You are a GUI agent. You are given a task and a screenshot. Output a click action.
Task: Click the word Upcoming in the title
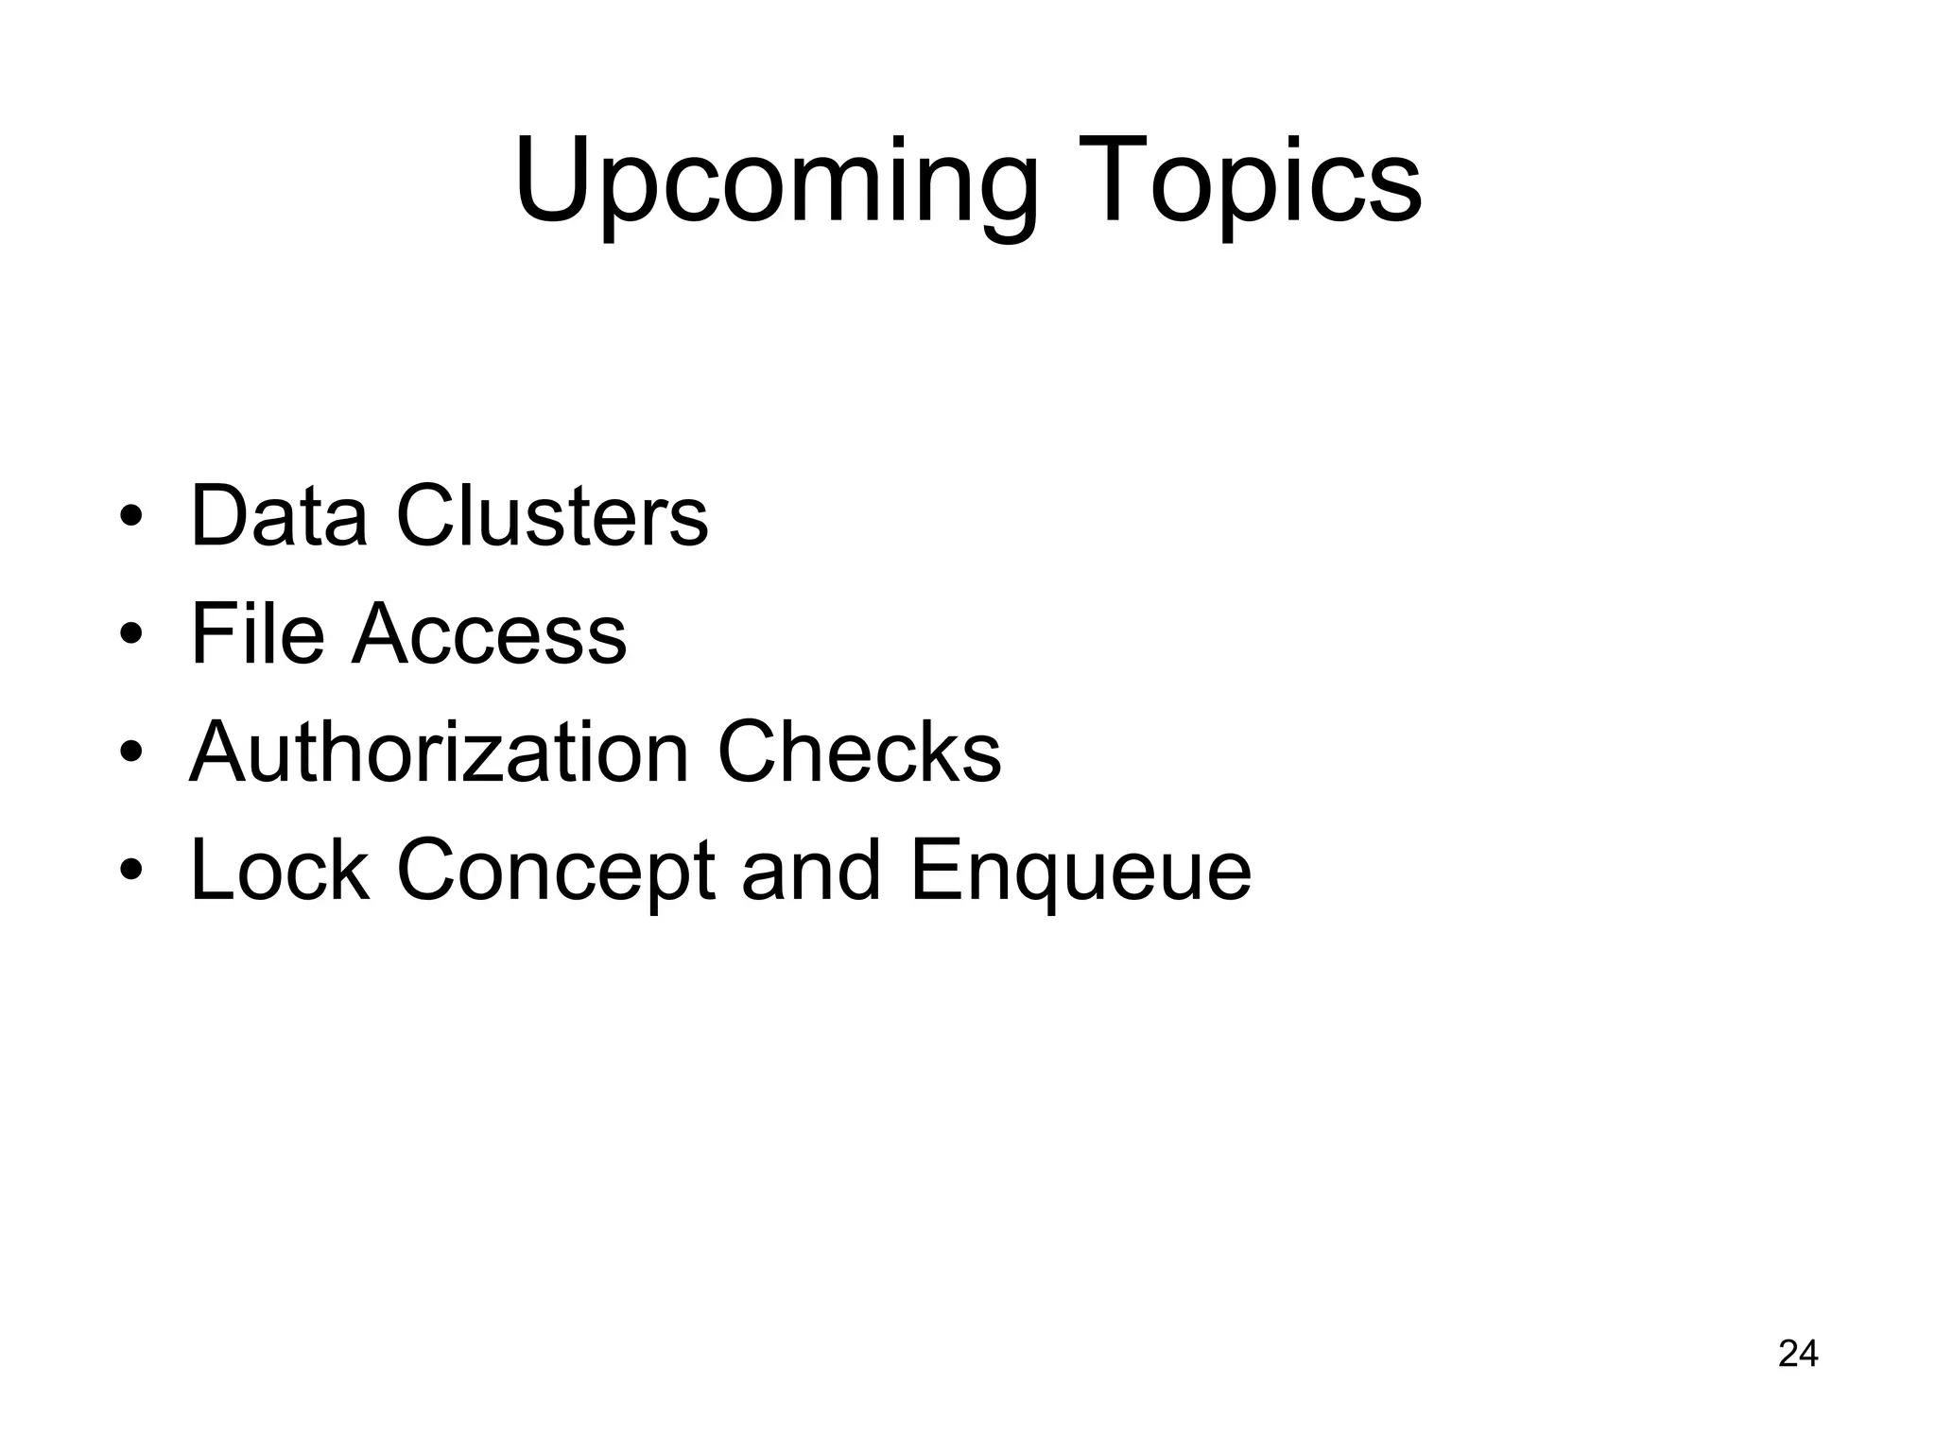click(775, 184)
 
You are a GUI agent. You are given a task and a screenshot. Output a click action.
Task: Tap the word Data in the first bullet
click(278, 516)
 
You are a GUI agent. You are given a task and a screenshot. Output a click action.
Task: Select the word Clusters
click(552, 516)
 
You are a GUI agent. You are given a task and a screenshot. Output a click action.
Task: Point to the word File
click(257, 633)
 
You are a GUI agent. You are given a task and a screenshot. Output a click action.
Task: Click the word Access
click(489, 633)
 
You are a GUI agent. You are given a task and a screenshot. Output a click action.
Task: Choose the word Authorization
click(439, 752)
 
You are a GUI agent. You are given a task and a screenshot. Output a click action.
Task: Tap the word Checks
click(859, 752)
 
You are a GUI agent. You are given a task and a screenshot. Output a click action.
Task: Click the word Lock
click(279, 871)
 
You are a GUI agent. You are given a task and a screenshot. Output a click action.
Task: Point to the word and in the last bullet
click(811, 871)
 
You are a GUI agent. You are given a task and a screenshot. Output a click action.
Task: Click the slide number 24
click(1798, 1354)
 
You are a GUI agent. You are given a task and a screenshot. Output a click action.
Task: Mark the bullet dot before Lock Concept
click(131, 872)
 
